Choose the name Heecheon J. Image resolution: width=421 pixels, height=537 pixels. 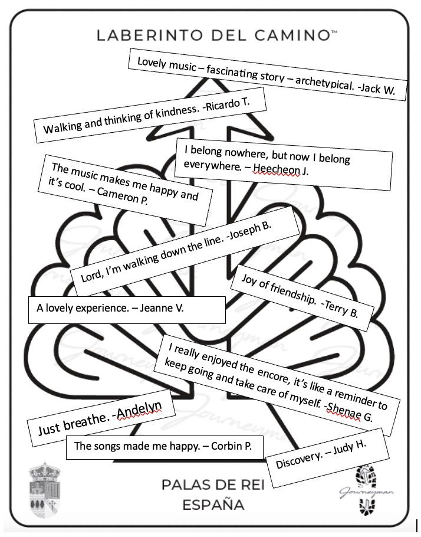(x=281, y=169)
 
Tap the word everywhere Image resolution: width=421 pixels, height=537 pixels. (x=212, y=165)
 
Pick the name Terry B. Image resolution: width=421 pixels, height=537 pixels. (x=341, y=308)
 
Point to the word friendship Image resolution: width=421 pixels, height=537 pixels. (x=292, y=293)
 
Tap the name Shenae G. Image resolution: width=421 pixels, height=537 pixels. (x=350, y=411)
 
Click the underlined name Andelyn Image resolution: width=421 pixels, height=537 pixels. (x=139, y=410)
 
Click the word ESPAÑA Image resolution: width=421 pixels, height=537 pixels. (x=213, y=505)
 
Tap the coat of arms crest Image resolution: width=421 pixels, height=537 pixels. (x=44, y=490)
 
